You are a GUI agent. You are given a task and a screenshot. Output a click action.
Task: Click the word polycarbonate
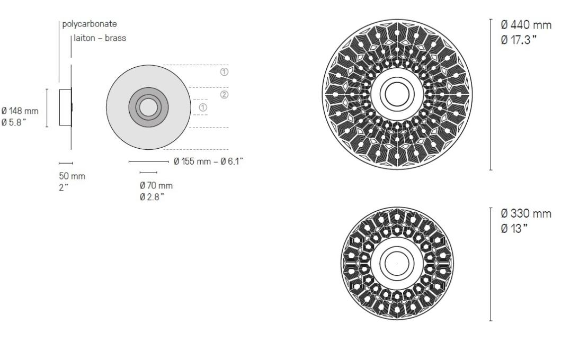click(90, 24)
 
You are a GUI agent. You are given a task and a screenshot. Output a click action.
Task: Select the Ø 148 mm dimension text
click(20, 111)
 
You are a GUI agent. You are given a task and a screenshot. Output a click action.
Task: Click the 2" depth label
click(63, 186)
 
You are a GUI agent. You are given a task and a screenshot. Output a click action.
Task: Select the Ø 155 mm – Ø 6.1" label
click(208, 161)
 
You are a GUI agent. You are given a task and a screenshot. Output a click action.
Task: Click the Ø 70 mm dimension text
click(156, 186)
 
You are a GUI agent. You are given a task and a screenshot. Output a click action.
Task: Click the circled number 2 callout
click(224, 95)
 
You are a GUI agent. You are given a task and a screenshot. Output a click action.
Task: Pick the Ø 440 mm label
click(526, 25)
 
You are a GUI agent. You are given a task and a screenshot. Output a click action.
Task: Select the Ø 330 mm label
click(526, 214)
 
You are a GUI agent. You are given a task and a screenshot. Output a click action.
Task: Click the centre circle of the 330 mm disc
click(397, 263)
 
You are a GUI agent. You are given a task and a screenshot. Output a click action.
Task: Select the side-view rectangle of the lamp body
click(65, 108)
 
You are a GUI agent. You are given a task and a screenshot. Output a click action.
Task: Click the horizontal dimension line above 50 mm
click(66, 163)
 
